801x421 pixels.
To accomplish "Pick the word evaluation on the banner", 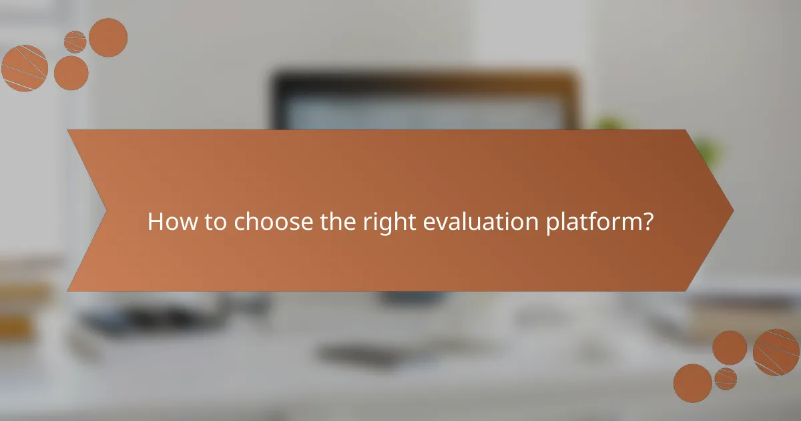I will click(x=482, y=222).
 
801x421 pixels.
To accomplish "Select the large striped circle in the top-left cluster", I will click(x=24, y=68).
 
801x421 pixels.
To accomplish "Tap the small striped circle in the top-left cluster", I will click(x=75, y=41).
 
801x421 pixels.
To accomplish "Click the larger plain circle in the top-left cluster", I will click(x=107, y=37).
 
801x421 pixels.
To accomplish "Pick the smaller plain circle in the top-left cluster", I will click(x=71, y=72).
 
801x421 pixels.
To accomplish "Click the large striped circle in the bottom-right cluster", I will click(x=776, y=352).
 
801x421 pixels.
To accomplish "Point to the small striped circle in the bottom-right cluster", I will click(x=726, y=378).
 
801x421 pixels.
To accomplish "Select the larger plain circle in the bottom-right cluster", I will click(x=692, y=383).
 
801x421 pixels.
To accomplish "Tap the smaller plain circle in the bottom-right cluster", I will click(x=730, y=347).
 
